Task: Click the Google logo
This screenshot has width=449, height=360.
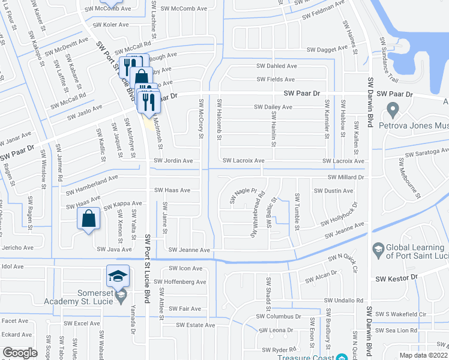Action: coord(20,353)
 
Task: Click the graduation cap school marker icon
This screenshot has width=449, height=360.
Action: coord(118,276)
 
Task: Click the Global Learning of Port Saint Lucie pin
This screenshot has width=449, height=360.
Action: coord(378,248)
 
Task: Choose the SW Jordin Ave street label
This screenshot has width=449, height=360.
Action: coord(173,161)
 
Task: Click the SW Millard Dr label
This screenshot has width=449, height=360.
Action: coord(346,178)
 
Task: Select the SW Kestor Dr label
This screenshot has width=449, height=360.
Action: coord(396,279)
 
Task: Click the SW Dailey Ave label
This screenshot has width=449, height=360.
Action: coord(273,107)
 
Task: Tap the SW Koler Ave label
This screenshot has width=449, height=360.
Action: coord(107,25)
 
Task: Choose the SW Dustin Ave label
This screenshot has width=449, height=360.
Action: coord(333,191)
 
